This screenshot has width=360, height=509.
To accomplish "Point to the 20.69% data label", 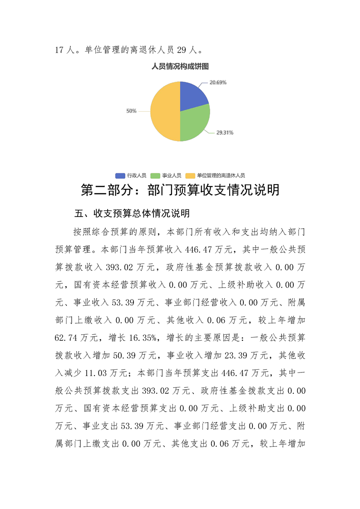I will click(218, 83).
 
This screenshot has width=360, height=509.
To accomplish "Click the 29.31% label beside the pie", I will click(224, 133).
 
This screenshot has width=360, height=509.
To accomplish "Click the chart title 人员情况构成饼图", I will click(180, 66).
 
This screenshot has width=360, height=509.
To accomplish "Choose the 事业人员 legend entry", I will click(172, 175).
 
